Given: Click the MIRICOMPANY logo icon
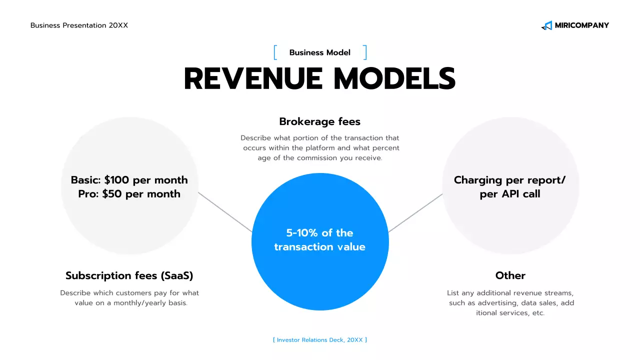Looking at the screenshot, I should (x=546, y=25).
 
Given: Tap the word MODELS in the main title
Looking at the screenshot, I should (x=394, y=79).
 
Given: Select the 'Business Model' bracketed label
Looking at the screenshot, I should (x=320, y=52).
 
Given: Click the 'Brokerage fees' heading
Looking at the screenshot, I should (x=320, y=121).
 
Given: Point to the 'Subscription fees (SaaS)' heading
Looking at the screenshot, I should (x=129, y=275).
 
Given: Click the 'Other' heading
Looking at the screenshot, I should (x=510, y=275).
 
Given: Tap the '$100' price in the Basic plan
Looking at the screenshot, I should (x=116, y=180).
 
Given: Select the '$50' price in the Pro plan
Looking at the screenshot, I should (x=112, y=194).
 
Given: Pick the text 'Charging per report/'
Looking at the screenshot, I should (x=509, y=180).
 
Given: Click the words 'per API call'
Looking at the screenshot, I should (x=510, y=194).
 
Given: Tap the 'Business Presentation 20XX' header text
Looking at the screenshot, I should (x=79, y=25).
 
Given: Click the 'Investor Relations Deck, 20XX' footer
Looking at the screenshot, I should (x=320, y=340).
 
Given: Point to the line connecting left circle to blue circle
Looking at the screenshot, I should (x=225, y=212).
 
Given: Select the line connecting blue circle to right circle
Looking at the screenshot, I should (x=415, y=213).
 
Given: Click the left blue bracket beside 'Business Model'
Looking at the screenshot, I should (x=275, y=52).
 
